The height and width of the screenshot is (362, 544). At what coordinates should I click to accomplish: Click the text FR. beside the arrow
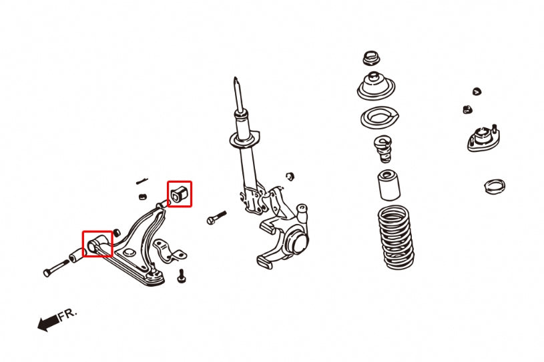coord(68,315)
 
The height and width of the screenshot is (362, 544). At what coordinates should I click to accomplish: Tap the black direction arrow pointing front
coord(47,324)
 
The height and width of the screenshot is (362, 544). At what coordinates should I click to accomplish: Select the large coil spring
coord(396,237)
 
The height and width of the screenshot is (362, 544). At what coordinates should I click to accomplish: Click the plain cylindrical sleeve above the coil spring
coord(388,186)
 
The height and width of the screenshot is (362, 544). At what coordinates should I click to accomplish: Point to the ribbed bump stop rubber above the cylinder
coord(382,149)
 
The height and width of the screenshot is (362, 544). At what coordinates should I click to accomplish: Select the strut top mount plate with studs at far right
coord(483,139)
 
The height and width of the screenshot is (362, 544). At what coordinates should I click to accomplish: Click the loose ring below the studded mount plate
coord(494,185)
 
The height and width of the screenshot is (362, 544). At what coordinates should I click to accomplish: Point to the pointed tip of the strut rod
coord(236,83)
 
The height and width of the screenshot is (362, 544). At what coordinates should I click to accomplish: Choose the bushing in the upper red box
coord(179,194)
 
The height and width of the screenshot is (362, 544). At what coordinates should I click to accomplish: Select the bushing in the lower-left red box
coord(96,243)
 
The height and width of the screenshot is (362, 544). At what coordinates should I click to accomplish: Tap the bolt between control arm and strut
coord(217,217)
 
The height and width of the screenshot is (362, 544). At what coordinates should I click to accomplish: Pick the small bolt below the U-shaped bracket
coord(182,275)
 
